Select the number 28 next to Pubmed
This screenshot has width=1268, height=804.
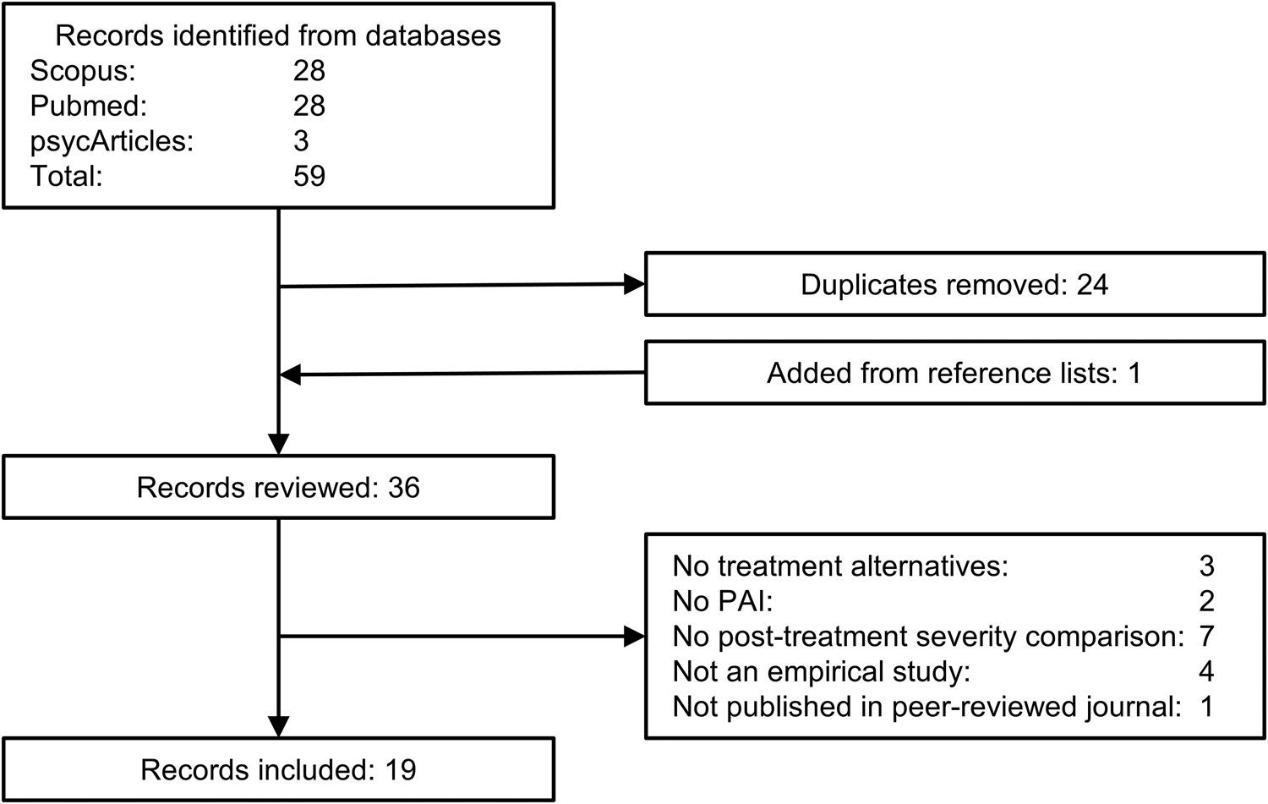[x=309, y=106]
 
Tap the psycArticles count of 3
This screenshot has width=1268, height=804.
[x=301, y=141]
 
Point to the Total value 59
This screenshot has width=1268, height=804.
[x=309, y=176]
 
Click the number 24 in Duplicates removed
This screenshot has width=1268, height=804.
[x=1092, y=284]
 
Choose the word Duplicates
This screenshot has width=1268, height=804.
[x=868, y=286]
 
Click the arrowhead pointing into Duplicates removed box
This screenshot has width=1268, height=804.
[x=635, y=284]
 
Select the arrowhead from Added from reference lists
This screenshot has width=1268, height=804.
[x=291, y=375]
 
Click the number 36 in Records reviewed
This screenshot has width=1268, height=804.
[x=403, y=488]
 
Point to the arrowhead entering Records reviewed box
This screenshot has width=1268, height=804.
[x=278, y=445]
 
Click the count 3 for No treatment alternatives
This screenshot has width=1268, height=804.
[x=1206, y=566]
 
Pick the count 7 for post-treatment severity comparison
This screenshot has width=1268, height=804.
[x=1206, y=637]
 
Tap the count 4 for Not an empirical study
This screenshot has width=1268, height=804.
[x=1206, y=671]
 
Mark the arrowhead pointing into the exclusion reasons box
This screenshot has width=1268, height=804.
[x=635, y=637]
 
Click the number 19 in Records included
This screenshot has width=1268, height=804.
[x=401, y=770]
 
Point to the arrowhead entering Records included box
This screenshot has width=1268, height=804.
[x=278, y=727]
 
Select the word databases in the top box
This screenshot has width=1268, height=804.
[x=433, y=36]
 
